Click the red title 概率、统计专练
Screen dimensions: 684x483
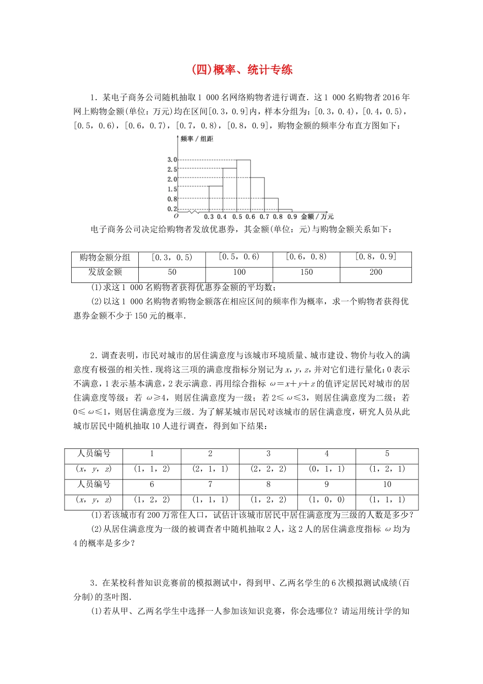242,70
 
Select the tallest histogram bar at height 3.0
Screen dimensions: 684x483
243,185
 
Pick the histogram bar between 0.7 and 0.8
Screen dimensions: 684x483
271,205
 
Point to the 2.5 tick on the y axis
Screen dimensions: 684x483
172,169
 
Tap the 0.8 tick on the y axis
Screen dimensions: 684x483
172,199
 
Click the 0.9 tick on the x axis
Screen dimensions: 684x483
292,217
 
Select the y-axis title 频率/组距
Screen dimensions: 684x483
197,139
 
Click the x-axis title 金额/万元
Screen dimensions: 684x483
317,217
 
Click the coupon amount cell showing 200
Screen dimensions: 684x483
376,272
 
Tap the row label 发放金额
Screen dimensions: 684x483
105,272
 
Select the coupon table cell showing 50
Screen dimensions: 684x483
172,272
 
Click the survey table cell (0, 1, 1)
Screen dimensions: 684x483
326,469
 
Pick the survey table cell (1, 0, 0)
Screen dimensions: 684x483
326,500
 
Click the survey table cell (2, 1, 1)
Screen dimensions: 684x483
210,469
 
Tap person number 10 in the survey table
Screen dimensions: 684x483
387,484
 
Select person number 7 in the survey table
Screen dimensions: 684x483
210,484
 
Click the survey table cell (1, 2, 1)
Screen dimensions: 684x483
387,469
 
